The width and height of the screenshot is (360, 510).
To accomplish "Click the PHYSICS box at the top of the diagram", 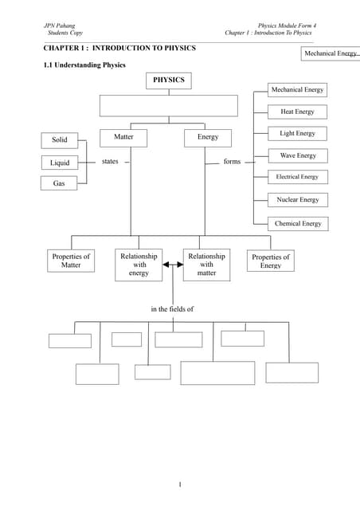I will tap(168, 80).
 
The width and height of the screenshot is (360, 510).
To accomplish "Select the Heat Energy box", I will tap(297, 112).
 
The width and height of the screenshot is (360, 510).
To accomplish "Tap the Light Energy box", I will tap(297, 134).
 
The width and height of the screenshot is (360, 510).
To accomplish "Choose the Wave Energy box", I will tap(297, 155).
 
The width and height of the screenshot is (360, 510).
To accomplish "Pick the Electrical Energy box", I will tap(297, 177).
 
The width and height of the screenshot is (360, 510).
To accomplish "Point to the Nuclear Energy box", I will tap(297, 200).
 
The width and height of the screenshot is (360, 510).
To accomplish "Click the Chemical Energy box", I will tap(297, 224).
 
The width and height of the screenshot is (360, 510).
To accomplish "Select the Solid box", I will tap(60, 140).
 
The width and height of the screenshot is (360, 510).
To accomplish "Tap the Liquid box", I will tap(60, 163).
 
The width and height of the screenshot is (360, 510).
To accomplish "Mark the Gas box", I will tap(60, 183).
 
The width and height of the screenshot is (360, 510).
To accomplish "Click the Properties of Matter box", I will tap(71, 261).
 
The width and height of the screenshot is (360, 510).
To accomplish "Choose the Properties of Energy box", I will tap(270, 261).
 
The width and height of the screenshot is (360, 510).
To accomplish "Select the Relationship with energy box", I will tap(139, 265).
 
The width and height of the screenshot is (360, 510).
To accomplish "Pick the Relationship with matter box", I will tap(206, 265).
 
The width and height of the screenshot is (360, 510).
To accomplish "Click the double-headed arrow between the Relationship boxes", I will tap(173, 265).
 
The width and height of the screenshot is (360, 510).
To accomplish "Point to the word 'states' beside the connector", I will tap(110, 162).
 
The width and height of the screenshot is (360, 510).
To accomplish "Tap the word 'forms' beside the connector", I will tap(232, 162).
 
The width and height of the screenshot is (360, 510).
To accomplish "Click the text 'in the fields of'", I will tap(172, 308).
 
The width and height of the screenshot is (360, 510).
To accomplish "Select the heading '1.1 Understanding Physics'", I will tap(84, 65).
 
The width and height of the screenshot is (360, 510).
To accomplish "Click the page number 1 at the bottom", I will tap(180, 484).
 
